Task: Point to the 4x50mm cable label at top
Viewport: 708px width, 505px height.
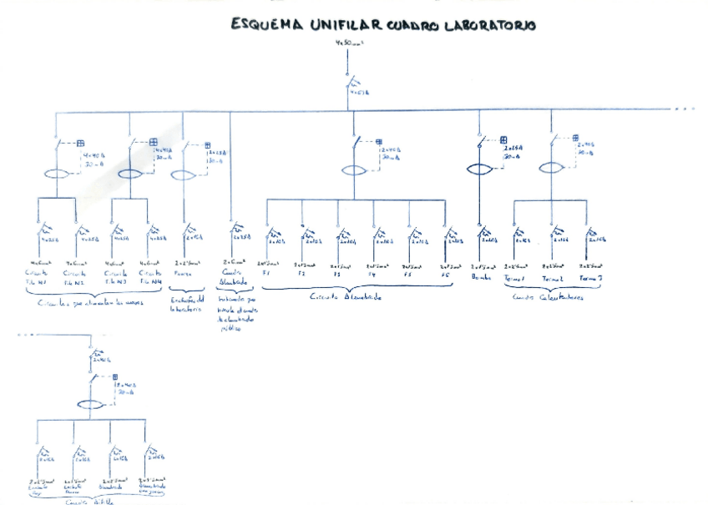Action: pyautogui.click(x=348, y=42)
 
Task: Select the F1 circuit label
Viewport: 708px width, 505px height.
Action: pyautogui.click(x=266, y=274)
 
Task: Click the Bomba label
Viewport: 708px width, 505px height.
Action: pyautogui.click(x=481, y=275)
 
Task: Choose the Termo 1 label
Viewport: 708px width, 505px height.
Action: pyautogui.click(x=514, y=279)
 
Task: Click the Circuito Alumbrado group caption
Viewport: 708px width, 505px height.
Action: pyautogui.click(x=345, y=296)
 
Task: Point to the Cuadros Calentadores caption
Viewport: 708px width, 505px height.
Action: pyautogui.click(x=549, y=296)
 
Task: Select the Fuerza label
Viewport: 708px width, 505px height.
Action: pyautogui.click(x=185, y=274)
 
